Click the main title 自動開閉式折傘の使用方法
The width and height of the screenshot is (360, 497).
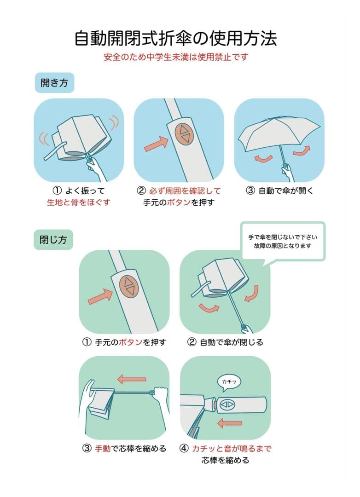(x=175, y=38)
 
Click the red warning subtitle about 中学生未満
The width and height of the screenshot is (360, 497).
(x=175, y=58)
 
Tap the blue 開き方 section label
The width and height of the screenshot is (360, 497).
(x=54, y=82)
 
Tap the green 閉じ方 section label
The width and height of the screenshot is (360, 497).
(x=53, y=240)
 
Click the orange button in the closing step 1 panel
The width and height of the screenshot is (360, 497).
(x=129, y=287)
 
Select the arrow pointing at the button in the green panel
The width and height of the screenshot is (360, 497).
(x=100, y=296)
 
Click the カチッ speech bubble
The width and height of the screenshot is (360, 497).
(x=229, y=381)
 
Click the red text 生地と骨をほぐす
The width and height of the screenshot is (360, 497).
(x=79, y=202)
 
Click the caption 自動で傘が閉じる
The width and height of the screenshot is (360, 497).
(x=225, y=342)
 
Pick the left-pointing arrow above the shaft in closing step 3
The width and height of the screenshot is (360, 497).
(x=132, y=379)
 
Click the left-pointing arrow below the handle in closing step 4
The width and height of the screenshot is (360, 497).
(x=229, y=422)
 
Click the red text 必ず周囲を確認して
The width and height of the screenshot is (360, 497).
(x=185, y=191)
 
